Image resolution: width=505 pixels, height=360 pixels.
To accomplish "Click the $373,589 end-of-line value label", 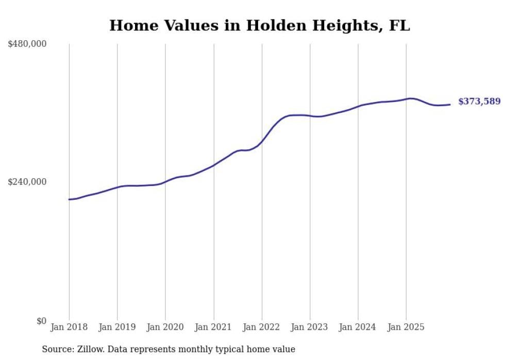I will click(x=479, y=101).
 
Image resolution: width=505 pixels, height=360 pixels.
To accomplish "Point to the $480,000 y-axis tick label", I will click(x=27, y=44).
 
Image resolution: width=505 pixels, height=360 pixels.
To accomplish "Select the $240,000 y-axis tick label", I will click(x=27, y=182).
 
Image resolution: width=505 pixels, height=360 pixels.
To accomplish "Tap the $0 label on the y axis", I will click(x=41, y=321).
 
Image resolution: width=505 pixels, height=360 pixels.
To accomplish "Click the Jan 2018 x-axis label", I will click(x=69, y=328).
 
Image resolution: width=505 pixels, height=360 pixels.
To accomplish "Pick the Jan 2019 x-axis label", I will click(x=117, y=328).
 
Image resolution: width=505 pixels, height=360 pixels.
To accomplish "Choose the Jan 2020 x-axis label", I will click(x=165, y=328).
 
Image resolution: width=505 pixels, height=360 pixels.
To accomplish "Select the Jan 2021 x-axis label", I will click(x=213, y=328).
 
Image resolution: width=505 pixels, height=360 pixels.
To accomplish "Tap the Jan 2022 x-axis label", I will click(x=262, y=328).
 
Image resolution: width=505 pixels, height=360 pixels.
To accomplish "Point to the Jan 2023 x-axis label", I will click(x=310, y=328).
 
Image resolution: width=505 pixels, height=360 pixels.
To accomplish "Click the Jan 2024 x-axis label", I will click(x=358, y=328).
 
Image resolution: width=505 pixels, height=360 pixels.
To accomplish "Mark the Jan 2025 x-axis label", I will click(x=406, y=328).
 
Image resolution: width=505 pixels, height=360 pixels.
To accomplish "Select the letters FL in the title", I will click(x=399, y=26).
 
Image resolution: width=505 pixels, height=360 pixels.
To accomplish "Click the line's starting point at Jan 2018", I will click(x=69, y=199).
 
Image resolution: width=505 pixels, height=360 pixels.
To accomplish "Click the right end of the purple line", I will click(x=450, y=105).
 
